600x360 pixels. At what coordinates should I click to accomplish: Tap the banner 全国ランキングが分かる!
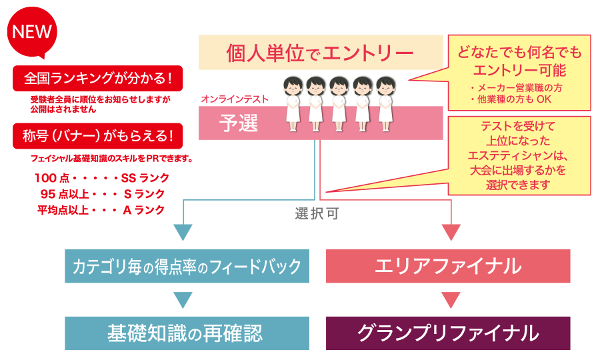(97, 78)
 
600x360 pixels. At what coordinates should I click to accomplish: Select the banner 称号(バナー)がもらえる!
(97, 137)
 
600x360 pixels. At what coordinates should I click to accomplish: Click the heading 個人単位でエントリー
(320, 53)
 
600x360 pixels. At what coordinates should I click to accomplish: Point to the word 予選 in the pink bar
(239, 123)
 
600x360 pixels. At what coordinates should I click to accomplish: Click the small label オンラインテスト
(234, 99)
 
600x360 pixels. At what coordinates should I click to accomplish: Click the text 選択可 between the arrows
(317, 215)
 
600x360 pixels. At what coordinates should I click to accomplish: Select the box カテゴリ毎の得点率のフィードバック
(187, 267)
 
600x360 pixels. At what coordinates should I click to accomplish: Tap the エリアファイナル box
(448, 267)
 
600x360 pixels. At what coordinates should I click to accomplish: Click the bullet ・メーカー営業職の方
(515, 87)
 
